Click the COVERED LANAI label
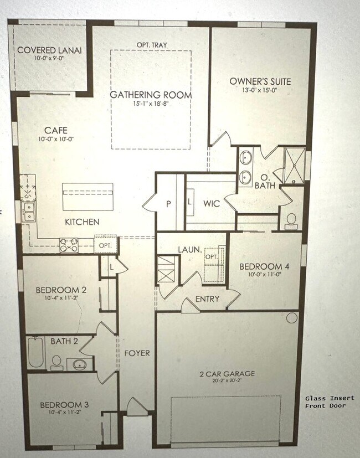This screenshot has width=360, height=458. tap(49, 50)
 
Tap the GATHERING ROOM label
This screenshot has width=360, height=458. tap(151, 95)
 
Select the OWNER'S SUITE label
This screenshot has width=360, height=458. tap(260, 81)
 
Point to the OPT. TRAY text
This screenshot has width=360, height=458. tap(151, 45)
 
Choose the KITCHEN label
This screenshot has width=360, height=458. tap(82, 222)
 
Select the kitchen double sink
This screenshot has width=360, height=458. tap(28, 211)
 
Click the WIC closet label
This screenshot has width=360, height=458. tap(211, 204)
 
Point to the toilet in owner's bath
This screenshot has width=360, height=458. tap(291, 222)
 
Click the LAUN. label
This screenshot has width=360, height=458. tap(189, 250)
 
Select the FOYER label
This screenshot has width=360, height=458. tap(137, 353)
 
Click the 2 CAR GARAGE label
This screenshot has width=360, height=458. tap(227, 374)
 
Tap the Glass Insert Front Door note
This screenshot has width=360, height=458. tap(326, 402)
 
